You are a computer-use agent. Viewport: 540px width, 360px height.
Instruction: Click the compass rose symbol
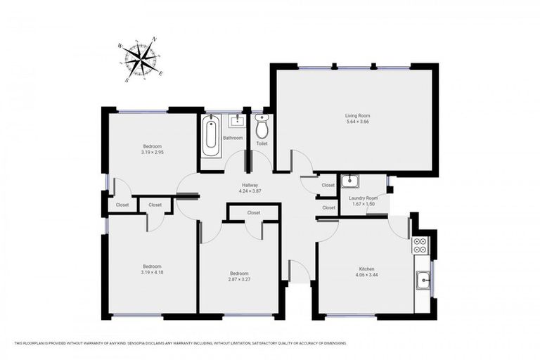[143, 59]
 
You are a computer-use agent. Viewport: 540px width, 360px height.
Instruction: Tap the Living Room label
[357, 115]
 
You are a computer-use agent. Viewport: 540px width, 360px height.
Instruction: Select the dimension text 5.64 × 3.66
[357, 122]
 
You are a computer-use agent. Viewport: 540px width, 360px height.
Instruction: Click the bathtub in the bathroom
[210, 136]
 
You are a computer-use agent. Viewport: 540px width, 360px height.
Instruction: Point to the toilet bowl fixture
[262, 127]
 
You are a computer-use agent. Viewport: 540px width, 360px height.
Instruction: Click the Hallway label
[250, 185]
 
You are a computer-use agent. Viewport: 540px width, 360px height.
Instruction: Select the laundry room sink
[350, 182]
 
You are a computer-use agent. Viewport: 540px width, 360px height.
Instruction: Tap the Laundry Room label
[364, 198]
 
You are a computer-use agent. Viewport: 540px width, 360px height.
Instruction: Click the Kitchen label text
[366, 268]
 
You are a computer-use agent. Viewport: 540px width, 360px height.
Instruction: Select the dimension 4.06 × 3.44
[366, 275]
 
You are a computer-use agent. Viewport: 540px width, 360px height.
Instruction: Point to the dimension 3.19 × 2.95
[151, 153]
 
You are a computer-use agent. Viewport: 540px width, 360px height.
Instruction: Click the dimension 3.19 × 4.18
[152, 273]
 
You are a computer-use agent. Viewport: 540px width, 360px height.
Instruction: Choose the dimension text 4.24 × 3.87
[250, 191]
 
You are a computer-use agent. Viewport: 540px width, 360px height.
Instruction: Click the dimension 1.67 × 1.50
[364, 205]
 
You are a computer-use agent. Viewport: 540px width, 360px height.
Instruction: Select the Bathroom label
[233, 138]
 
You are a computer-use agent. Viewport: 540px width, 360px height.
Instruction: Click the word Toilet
[262, 143]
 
